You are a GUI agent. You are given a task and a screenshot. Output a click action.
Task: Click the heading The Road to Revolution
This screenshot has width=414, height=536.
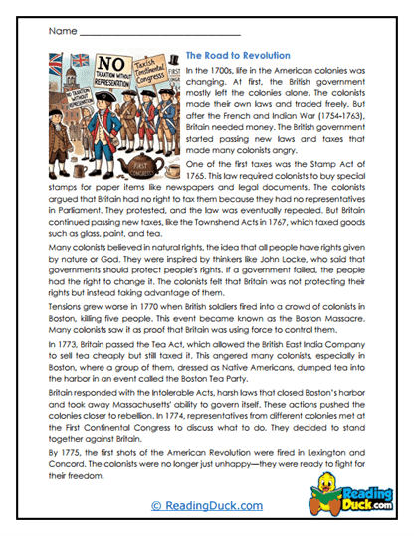238,55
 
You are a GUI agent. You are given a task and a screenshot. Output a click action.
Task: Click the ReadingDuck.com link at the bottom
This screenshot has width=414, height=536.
207,505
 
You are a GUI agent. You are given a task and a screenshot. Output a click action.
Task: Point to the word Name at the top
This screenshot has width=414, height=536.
62,31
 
